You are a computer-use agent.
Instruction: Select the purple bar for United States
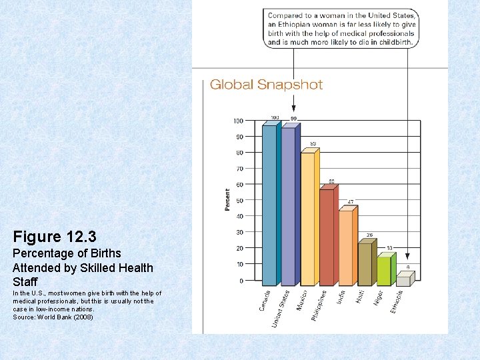click(289, 207)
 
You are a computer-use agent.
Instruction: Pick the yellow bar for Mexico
click(308, 219)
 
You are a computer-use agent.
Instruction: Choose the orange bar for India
click(346, 248)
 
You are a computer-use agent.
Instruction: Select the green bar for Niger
click(384, 271)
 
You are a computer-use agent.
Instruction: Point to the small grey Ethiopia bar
click(403, 281)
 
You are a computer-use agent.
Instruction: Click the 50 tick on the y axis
click(238, 200)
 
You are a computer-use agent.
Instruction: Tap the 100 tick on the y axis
click(237, 121)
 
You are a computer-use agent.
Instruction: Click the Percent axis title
click(227, 200)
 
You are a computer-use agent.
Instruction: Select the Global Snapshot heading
click(266, 85)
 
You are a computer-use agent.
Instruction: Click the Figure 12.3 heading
click(55, 237)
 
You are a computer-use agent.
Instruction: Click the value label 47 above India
click(351, 202)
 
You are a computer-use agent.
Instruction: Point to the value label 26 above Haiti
click(369, 235)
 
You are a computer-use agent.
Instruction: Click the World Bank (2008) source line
click(53, 317)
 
